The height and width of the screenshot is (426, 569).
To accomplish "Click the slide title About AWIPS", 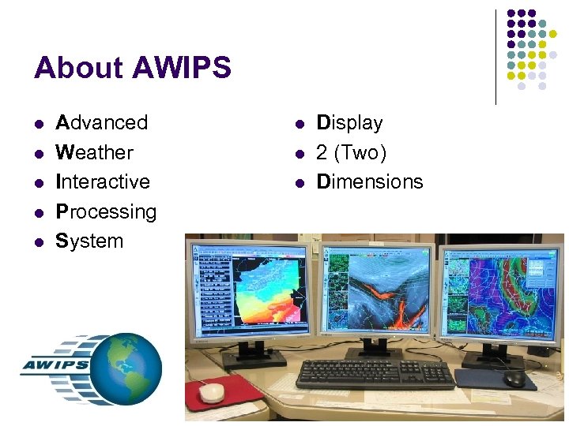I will click(133, 68).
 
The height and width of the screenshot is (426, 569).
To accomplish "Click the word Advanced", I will click(102, 123).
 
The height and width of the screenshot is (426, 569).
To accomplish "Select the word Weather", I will click(95, 152).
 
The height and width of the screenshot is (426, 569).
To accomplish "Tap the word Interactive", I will click(103, 181).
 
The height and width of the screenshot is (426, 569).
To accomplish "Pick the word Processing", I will click(106, 211).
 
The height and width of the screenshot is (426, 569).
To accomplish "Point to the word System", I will click(89, 241).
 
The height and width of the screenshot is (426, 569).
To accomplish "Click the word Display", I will click(349, 123).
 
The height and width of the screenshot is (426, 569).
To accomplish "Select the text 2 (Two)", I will click(352, 152).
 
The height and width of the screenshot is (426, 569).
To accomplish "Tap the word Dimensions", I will click(370, 181).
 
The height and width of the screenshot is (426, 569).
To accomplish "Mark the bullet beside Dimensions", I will click(300, 182).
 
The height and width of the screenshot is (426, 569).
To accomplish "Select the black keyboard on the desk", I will click(375, 373).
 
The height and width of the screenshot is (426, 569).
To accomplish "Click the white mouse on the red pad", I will click(212, 390).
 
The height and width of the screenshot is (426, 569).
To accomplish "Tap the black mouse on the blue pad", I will click(514, 379).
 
